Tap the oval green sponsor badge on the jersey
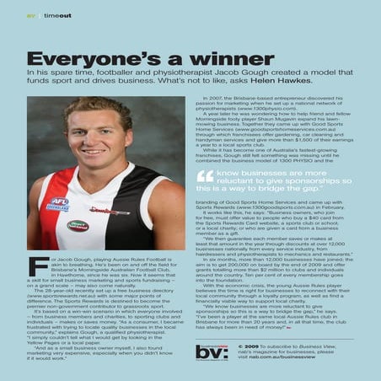coord(78,225)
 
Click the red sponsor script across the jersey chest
coord(110,211)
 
